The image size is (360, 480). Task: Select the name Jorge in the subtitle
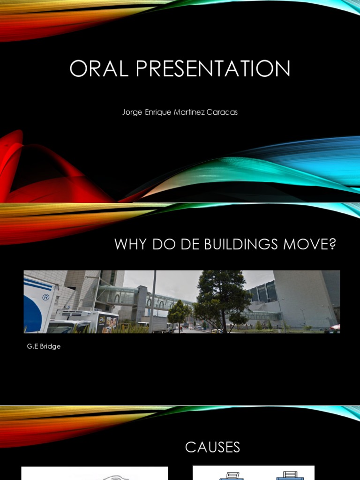[132, 112]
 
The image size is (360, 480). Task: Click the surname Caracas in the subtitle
[221, 112]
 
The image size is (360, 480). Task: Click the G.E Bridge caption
[44, 346]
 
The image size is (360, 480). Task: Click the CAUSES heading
[212, 447]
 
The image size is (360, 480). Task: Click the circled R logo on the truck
[45, 297]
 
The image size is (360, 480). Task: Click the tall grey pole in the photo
[153, 300]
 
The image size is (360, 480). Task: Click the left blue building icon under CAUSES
[231, 475]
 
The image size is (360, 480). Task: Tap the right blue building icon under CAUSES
[287, 475]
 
